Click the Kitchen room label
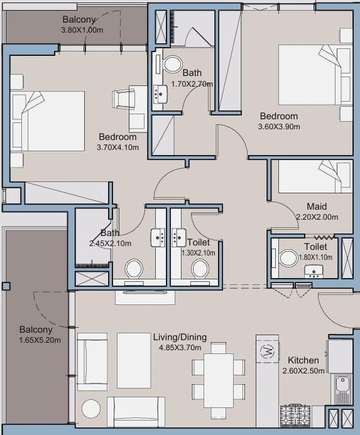pyautogui.click(x=303, y=360)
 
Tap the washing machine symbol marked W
pyautogui.click(x=267, y=352)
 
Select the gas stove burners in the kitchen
pyautogui.click(x=295, y=416)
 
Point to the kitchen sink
pyautogui.click(x=342, y=389)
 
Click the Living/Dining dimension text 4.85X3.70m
pyautogui.click(x=180, y=347)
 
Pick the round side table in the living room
pyautogui.click(x=91, y=409)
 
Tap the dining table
pyautogui.click(x=219, y=380)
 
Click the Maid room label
pyautogui.click(x=317, y=207)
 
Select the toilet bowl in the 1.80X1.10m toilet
pyautogui.click(x=288, y=258)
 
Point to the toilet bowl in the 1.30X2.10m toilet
pyautogui.click(x=200, y=269)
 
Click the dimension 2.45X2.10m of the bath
pyautogui.click(x=110, y=244)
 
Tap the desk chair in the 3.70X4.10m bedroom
pyautogui.click(x=123, y=99)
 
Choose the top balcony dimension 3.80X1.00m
pyautogui.click(x=82, y=30)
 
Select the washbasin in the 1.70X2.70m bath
pyautogui.click(x=160, y=94)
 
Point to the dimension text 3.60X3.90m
pyautogui.click(x=279, y=127)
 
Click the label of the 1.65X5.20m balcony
pyautogui.click(x=36, y=330)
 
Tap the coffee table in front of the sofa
pyautogui.click(x=134, y=361)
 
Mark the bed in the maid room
pyautogui.click(x=315, y=176)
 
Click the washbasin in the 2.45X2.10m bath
pyautogui.click(x=158, y=237)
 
